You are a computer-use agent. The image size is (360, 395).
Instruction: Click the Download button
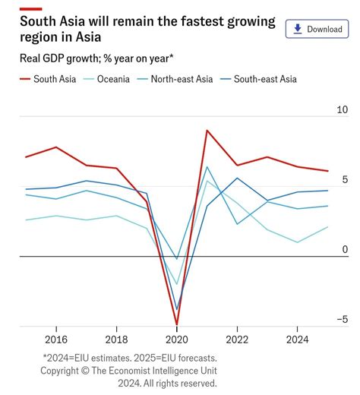click(x=316, y=29)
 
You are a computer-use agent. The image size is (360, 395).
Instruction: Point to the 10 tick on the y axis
click(x=342, y=110)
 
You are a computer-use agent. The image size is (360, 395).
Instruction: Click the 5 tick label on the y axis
click(x=345, y=180)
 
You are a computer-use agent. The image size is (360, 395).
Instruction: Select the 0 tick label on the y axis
click(x=345, y=250)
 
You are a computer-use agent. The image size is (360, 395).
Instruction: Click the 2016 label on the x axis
click(x=55, y=340)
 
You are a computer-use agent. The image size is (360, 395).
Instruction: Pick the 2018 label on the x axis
click(x=116, y=340)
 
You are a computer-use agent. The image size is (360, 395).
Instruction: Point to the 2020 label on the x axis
click(x=176, y=340)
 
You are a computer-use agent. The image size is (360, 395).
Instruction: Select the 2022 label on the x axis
click(x=237, y=340)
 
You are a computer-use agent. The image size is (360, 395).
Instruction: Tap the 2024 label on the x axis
click(x=297, y=340)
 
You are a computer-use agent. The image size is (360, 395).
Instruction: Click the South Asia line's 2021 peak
click(x=207, y=131)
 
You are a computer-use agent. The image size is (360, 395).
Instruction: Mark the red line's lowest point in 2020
click(x=177, y=324)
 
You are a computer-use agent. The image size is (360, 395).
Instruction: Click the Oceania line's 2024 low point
click(x=298, y=242)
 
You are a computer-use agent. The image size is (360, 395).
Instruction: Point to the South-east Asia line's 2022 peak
click(x=238, y=179)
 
